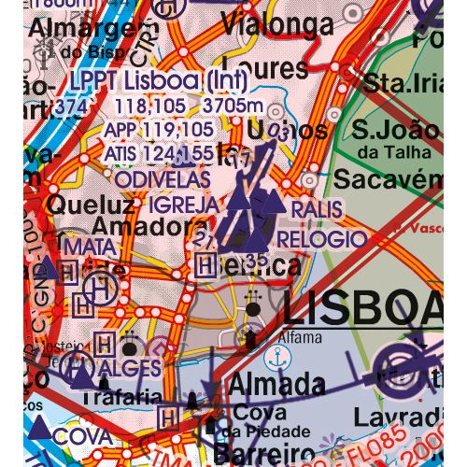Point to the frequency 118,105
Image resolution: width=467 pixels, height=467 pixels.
149,106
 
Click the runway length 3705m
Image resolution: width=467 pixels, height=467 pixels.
233,106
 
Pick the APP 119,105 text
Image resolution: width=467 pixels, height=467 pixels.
158,129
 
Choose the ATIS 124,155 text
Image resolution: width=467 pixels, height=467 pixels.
158,152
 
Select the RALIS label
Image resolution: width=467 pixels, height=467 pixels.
316,209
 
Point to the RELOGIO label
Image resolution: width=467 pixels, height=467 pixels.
321,239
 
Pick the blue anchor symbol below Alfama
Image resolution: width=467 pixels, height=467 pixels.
276,358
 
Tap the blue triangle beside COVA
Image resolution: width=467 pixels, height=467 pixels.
40,429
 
